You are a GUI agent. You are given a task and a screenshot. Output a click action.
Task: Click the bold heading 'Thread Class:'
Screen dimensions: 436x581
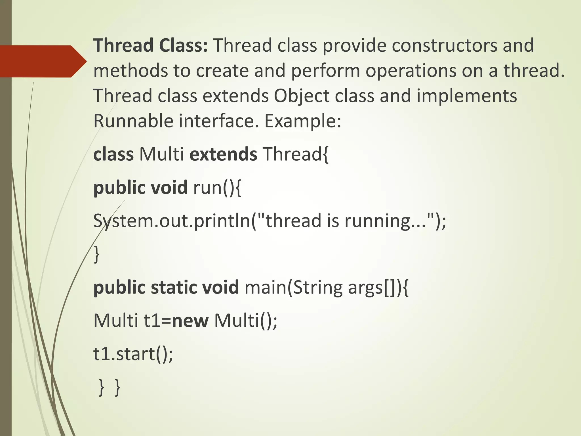(151, 45)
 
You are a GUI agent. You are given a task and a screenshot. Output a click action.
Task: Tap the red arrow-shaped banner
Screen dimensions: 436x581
(43, 61)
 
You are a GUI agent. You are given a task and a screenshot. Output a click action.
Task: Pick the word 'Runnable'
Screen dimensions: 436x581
(133, 121)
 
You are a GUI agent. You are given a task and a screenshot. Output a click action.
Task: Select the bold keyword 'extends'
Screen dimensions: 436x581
(223, 154)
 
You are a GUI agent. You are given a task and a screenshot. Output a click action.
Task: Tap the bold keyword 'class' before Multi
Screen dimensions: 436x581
(113, 154)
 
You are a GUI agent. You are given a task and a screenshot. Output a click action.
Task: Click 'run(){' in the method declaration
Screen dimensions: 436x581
(217, 188)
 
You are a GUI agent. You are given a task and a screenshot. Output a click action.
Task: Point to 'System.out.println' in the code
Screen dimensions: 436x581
(172, 221)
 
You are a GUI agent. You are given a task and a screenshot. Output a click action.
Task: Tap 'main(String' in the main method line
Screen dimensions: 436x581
(294, 288)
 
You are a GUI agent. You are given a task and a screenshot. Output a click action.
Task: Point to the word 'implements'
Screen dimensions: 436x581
(467, 96)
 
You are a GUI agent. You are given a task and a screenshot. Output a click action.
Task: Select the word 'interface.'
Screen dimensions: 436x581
(219, 121)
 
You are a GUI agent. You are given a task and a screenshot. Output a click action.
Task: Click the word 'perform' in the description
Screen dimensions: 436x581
(325, 71)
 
